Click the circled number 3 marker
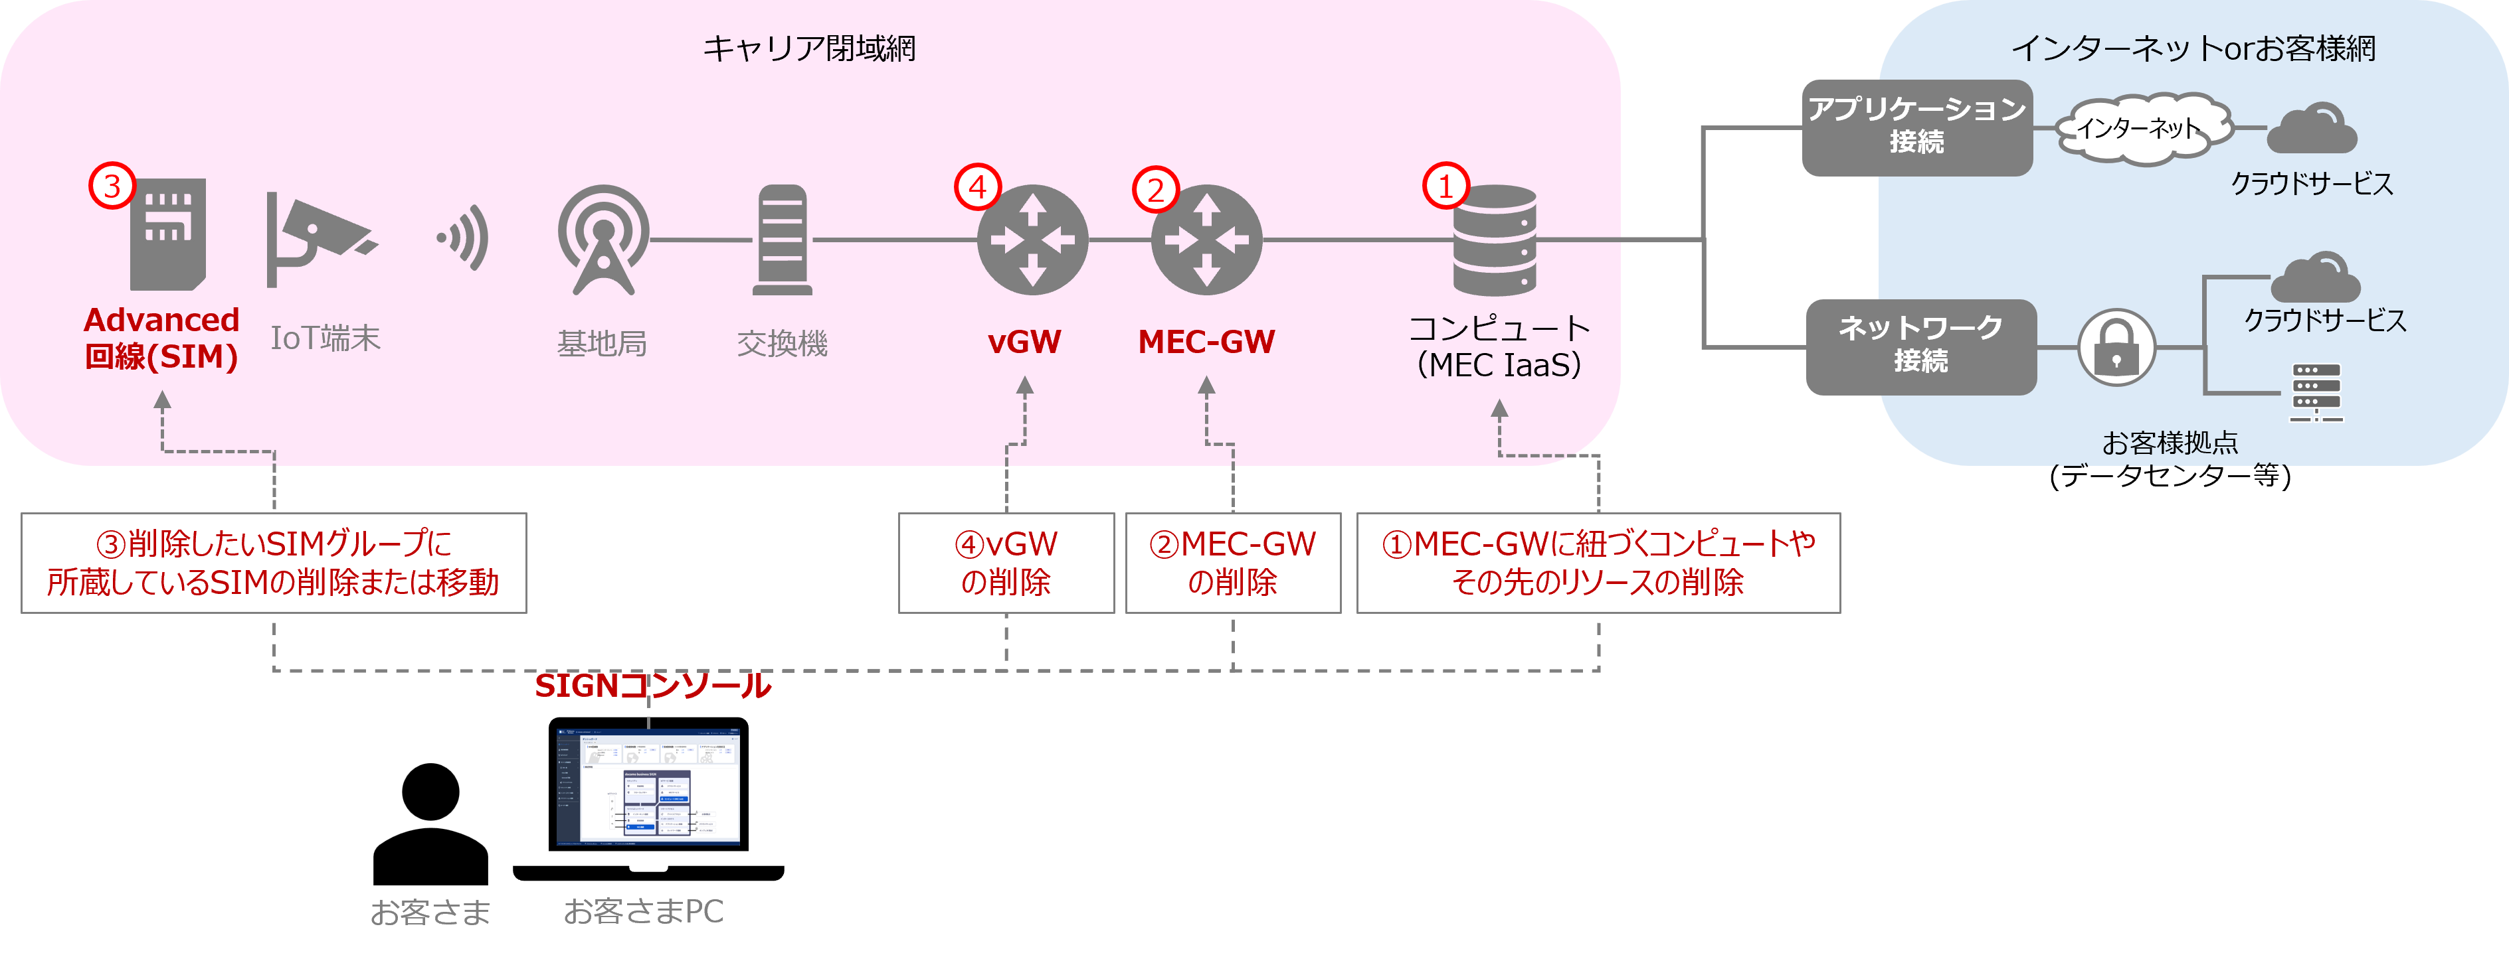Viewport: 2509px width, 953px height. (111, 185)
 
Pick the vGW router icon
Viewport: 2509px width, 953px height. (1032, 240)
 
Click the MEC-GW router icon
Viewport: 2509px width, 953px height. (1206, 240)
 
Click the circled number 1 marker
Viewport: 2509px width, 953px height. (1445, 185)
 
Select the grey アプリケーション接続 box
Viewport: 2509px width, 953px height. (1916, 127)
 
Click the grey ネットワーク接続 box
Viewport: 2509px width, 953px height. (1920, 346)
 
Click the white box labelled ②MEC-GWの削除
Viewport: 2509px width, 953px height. (1232, 563)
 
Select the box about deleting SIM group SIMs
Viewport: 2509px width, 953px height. (274, 563)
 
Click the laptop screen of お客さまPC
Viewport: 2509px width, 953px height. (648, 784)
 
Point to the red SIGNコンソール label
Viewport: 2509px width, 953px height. (652, 686)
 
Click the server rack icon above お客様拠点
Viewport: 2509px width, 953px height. (2316, 392)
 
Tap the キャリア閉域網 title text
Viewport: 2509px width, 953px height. (808, 48)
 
